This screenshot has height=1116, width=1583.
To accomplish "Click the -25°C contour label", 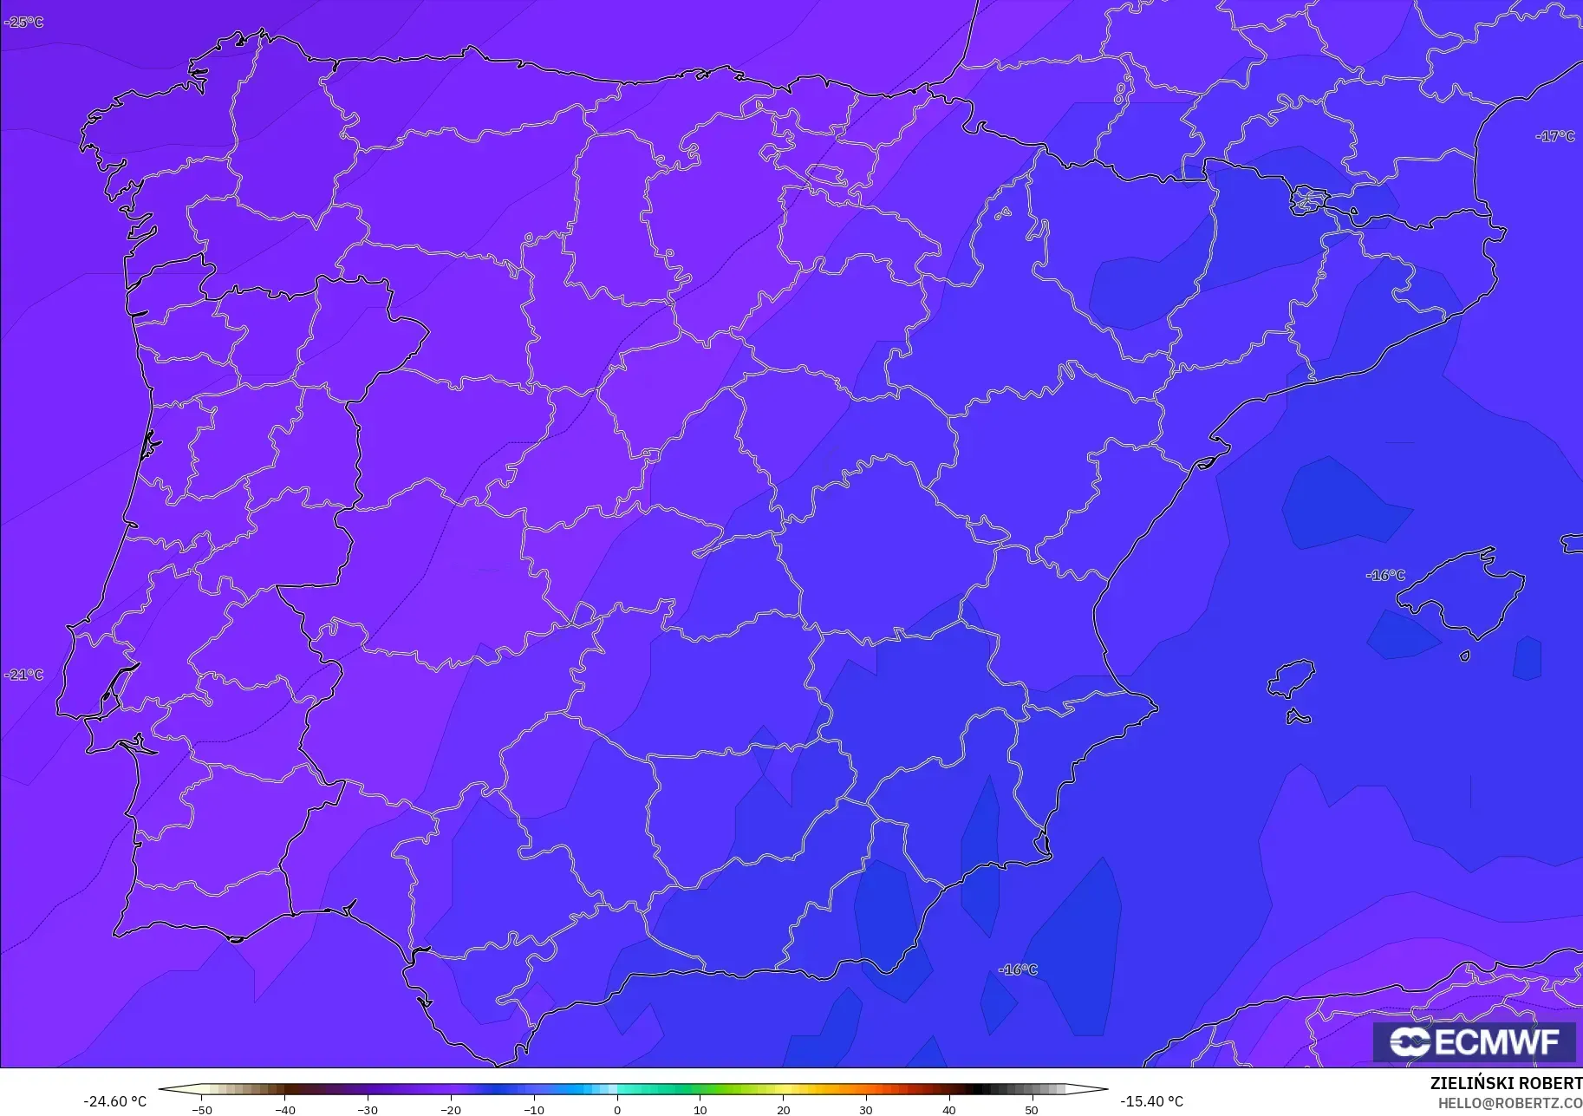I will pyautogui.click(x=23, y=22).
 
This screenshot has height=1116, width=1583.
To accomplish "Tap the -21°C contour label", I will pyautogui.click(x=23, y=675).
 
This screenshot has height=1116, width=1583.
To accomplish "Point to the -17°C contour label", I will pyautogui.click(x=1555, y=136).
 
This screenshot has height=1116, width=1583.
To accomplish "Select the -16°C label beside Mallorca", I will pyautogui.click(x=1385, y=575).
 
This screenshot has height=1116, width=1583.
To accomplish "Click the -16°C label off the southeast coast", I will pyautogui.click(x=1018, y=969).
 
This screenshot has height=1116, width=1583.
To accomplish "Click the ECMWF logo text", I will pyautogui.click(x=1474, y=1041).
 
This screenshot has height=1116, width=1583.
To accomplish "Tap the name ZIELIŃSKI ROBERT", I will pyautogui.click(x=1506, y=1084).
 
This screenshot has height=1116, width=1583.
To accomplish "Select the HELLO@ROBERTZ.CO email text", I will pyautogui.click(x=1509, y=1104).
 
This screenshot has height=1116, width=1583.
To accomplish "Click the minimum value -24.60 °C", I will pyautogui.click(x=114, y=1101).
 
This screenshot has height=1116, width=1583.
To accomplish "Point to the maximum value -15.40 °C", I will pyautogui.click(x=1151, y=1101).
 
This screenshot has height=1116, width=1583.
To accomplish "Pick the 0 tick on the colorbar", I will pyautogui.click(x=617, y=1109).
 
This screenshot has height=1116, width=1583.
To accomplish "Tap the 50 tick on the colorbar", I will pyautogui.click(x=1032, y=1109).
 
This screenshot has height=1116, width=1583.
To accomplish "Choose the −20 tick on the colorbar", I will pyautogui.click(x=451, y=1109).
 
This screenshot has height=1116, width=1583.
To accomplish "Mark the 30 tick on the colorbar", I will pyautogui.click(x=866, y=1109).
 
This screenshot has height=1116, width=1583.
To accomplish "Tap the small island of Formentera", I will pyautogui.click(x=1298, y=716).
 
